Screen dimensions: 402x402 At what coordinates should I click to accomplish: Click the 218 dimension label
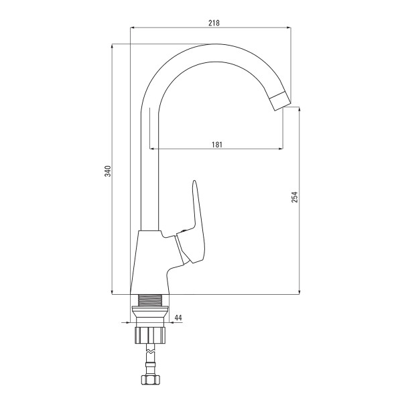214,23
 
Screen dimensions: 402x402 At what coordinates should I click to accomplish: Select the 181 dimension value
217,145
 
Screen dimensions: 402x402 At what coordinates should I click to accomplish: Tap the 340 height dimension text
108,171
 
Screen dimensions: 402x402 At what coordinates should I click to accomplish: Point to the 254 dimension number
295,197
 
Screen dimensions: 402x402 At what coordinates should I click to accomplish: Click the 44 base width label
178,318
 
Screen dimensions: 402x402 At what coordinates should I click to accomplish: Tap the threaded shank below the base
150,300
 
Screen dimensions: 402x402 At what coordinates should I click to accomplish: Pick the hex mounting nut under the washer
150,335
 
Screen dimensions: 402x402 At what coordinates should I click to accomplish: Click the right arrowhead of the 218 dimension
289,27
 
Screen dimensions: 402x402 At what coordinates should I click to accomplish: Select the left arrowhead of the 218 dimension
133,27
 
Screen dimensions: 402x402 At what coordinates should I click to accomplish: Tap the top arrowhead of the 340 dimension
112,46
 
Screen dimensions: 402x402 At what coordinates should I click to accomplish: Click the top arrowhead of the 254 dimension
299,109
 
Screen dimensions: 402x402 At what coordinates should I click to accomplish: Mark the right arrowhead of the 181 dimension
281,148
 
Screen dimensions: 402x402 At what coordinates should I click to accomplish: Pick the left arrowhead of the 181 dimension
152,148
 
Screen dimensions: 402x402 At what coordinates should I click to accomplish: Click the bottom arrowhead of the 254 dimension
299,292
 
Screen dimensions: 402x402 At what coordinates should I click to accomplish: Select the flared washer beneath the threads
150,311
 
